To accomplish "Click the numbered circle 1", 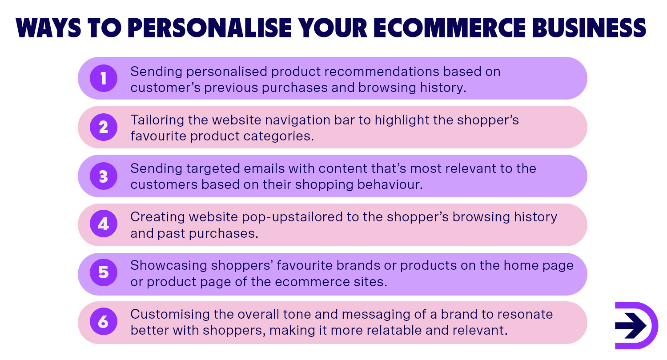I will click(x=103, y=79).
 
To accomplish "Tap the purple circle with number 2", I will click(x=103, y=128).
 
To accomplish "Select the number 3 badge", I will click(x=103, y=176).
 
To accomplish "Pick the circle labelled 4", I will click(x=103, y=224).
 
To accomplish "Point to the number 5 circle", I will click(x=103, y=272).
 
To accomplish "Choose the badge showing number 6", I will click(x=103, y=322).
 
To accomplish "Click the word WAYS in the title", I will click(x=48, y=28).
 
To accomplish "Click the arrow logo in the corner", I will click(x=635, y=325).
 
